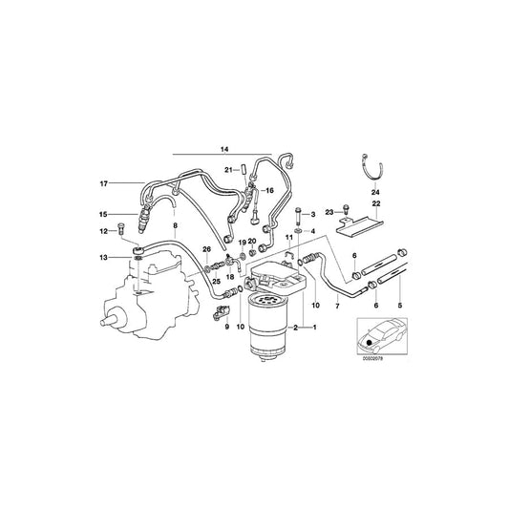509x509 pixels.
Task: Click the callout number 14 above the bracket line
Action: click(x=224, y=151)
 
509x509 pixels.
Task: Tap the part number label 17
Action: click(x=103, y=182)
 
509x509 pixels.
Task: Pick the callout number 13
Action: click(x=103, y=258)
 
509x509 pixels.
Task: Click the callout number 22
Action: click(x=375, y=203)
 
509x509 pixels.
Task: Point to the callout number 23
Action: click(x=328, y=212)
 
